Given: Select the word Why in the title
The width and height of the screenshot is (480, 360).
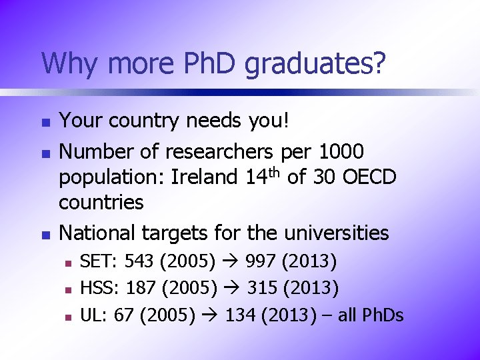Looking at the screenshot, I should click(67, 65).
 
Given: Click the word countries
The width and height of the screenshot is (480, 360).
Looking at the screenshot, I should click(101, 202).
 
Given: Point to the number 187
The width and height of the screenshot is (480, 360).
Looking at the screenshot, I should click(140, 289).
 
